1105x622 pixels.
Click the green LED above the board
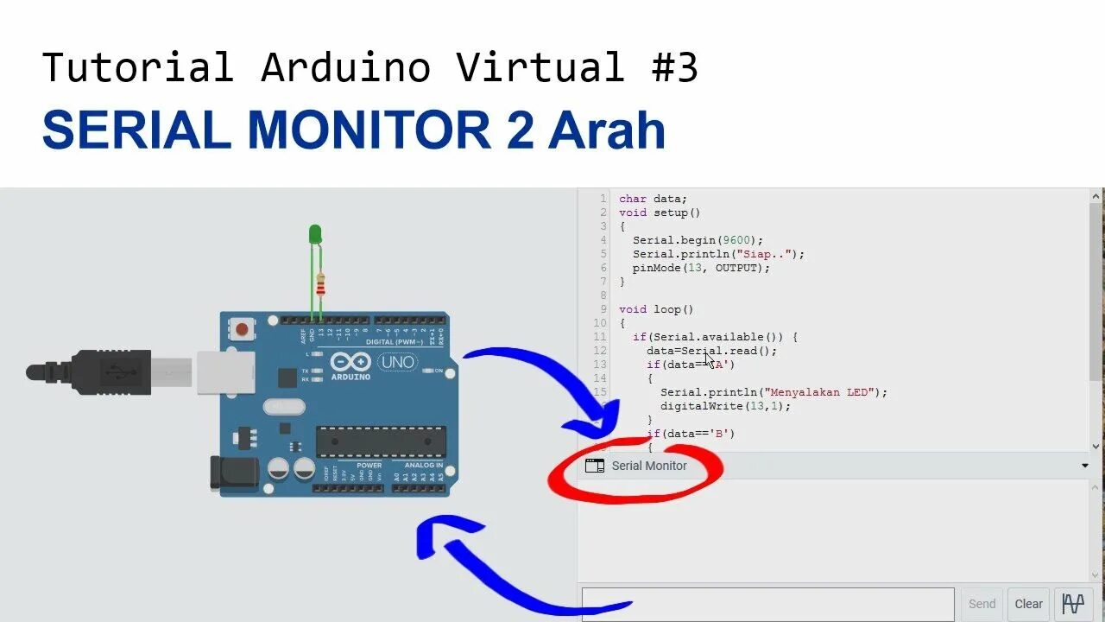315,234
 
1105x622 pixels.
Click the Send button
982,604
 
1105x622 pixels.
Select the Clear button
1028,604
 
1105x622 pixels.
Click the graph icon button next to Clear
1073,604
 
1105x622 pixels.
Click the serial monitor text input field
767,604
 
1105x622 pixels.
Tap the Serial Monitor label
649,466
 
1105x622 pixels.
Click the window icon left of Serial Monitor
595,466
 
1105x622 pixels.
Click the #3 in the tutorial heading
675,67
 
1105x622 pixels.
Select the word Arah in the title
607,130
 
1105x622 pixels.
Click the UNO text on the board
398,363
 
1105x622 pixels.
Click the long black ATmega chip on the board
381,441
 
